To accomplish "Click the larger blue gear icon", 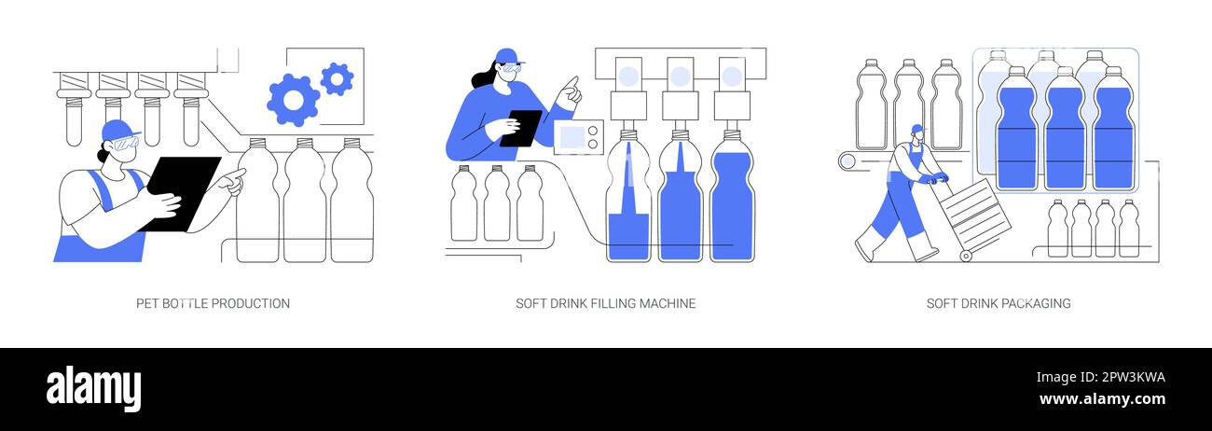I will tap(293, 100).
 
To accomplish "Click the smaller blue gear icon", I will tap(337, 79).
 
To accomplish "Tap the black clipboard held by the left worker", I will tap(183, 191).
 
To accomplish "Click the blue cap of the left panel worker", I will tap(119, 128).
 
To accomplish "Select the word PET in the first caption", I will tap(147, 303).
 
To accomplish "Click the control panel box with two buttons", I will tap(578, 137).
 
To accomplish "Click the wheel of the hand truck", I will tap(965, 256).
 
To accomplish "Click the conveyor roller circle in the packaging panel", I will tap(847, 160).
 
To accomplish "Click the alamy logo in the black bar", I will tap(93, 388).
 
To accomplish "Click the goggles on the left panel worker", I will tap(125, 143).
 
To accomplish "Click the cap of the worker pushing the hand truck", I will tap(916, 129).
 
